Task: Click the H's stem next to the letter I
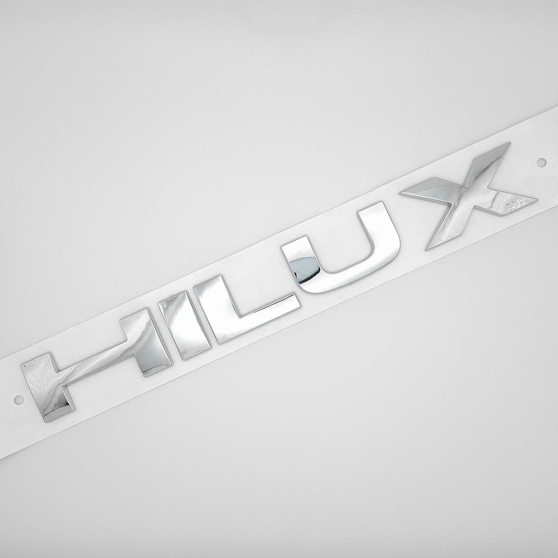146,342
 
